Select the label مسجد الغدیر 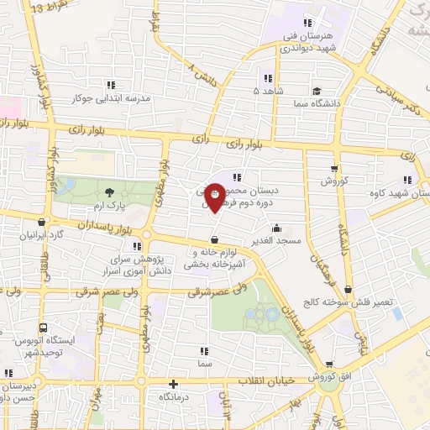(x=276, y=242)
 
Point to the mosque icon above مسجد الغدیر (x=276, y=228)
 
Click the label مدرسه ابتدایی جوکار (x=111, y=98)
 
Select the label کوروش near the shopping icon (x=334, y=181)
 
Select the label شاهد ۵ (x=268, y=89)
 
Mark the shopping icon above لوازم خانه (x=215, y=239)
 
